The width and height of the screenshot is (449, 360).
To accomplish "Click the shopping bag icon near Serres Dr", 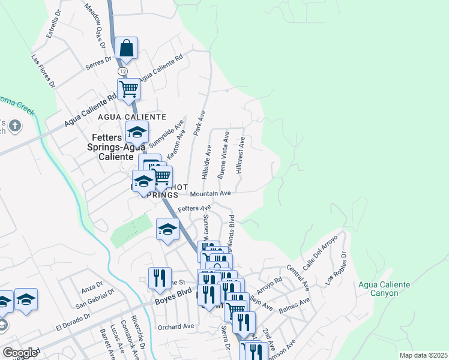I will tap(127, 48).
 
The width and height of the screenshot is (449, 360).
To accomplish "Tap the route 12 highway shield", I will tap(122, 71).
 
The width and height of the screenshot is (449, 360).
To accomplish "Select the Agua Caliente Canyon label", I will tap(385, 290).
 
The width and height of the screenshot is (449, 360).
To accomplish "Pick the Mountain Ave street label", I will tap(210, 194).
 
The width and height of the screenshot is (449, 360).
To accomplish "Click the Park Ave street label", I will tap(198, 124).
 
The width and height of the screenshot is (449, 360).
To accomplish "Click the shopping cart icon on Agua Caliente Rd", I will tap(129, 89).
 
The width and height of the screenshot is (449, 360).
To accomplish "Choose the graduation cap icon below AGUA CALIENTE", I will tap(137, 131).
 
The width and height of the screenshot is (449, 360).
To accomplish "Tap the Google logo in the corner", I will tap(20, 352).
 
